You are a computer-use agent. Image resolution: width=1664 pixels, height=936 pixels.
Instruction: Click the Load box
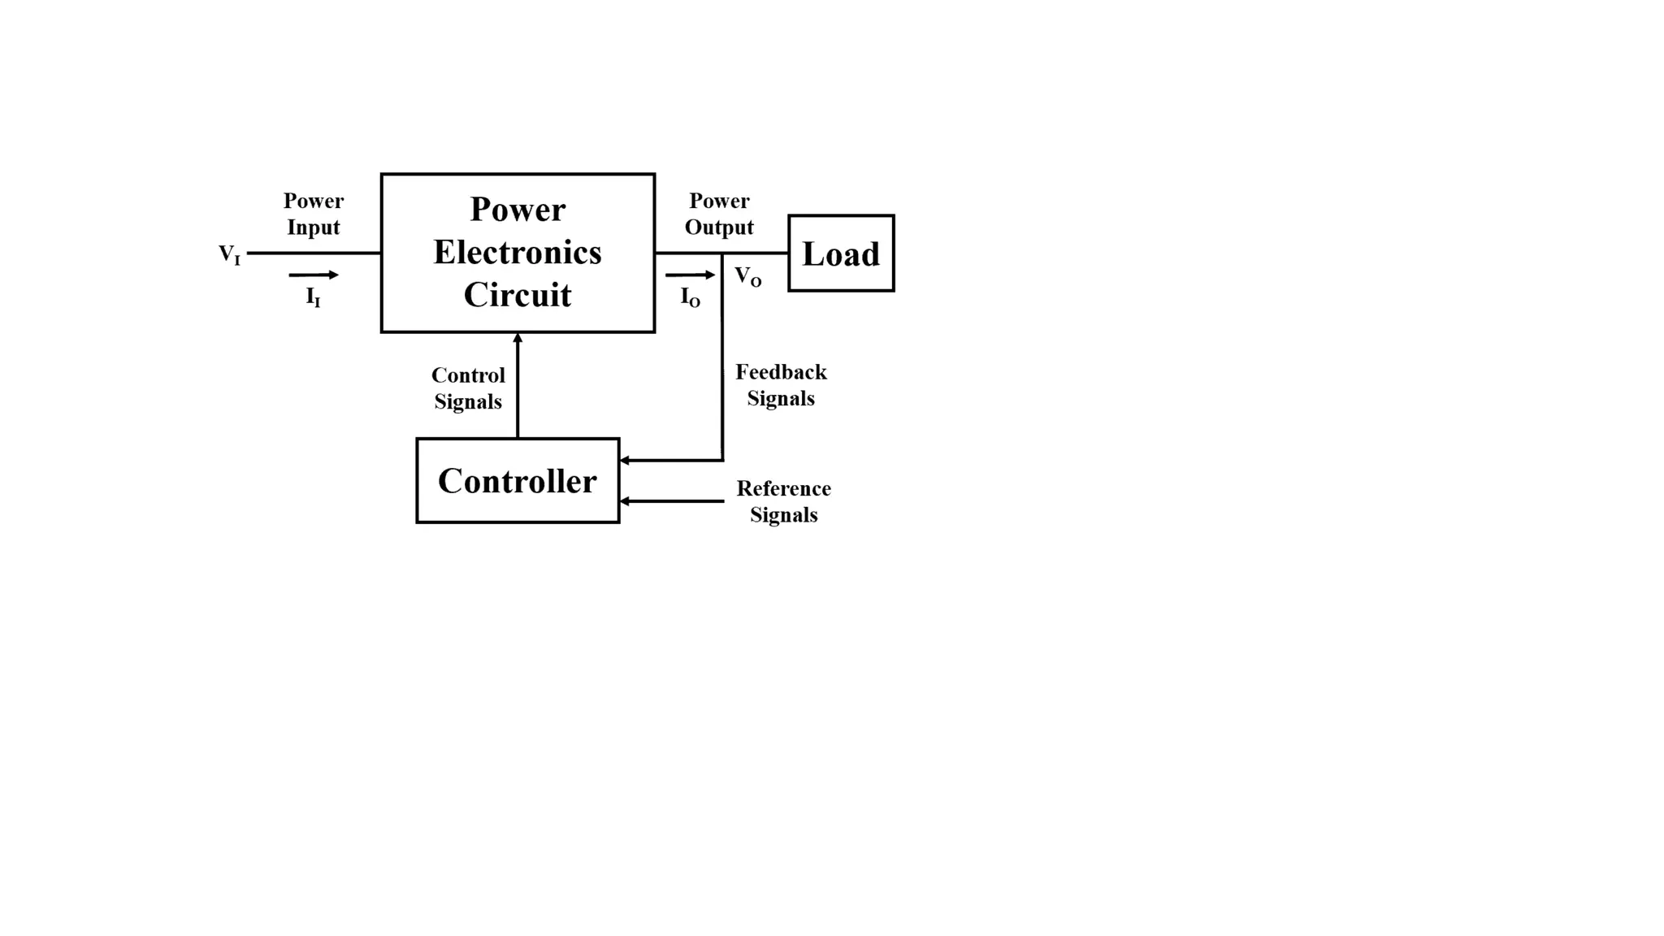(841, 253)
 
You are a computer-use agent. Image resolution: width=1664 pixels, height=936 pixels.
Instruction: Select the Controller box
(518, 481)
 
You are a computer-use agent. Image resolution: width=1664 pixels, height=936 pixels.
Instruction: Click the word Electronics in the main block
(518, 252)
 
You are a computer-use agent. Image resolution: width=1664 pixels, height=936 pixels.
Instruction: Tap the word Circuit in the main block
(518, 294)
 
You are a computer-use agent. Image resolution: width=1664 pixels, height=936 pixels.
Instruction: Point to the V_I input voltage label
(230, 254)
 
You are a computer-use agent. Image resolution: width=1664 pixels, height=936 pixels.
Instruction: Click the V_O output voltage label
(747, 276)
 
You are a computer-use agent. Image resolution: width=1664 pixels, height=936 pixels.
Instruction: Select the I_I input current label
(313, 297)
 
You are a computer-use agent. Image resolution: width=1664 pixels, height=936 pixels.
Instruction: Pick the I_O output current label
(690, 297)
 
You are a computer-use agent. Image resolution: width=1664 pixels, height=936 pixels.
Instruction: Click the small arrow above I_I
(314, 275)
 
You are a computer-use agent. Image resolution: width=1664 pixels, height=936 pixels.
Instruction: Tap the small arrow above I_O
(691, 275)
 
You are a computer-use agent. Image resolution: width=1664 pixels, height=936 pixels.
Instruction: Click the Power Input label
(314, 214)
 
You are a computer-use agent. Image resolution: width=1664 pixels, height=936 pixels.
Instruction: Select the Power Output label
(719, 214)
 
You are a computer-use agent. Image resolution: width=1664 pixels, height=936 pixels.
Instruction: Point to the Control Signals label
(468, 388)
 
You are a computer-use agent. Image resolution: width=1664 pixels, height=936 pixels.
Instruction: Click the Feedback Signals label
(781, 385)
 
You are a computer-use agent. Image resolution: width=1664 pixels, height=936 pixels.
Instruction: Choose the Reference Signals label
(783, 501)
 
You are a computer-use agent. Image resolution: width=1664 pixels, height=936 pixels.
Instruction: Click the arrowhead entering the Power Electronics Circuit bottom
(518, 338)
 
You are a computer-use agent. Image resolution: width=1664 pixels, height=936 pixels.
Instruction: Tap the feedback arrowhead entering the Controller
(625, 461)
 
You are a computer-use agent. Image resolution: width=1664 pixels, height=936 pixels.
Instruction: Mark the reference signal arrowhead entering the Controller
(625, 501)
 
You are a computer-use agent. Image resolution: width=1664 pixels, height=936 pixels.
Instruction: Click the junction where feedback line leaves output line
(722, 253)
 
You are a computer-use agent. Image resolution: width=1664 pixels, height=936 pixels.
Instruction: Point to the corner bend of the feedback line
(722, 460)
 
